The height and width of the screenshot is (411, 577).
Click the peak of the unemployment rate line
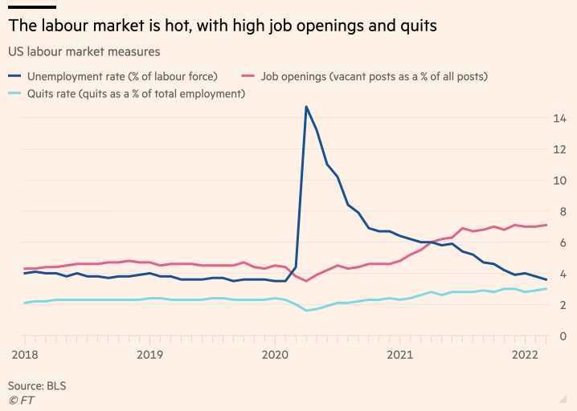pyautogui.click(x=306, y=107)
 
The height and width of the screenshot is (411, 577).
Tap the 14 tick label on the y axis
pyautogui.click(x=559, y=118)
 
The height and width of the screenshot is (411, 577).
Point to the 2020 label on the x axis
pyautogui.click(x=275, y=354)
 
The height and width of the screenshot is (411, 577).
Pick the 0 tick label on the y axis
pyautogui.click(x=563, y=336)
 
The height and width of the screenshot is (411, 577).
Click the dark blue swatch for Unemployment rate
pyautogui.click(x=14, y=77)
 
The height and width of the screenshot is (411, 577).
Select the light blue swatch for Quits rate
pyautogui.click(x=14, y=94)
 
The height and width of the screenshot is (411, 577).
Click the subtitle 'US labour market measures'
pyautogui.click(x=84, y=51)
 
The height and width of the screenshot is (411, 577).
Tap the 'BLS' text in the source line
pyautogui.click(x=55, y=385)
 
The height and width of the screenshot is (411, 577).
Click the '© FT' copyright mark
pyautogui.click(x=21, y=399)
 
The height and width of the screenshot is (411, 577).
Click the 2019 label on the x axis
pyautogui.click(x=149, y=354)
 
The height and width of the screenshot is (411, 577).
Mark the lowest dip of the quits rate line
pyautogui.click(x=306, y=311)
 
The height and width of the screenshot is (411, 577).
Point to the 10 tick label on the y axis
pyautogui.click(x=559, y=180)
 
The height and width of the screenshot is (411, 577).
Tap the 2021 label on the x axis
pyautogui.click(x=400, y=354)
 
